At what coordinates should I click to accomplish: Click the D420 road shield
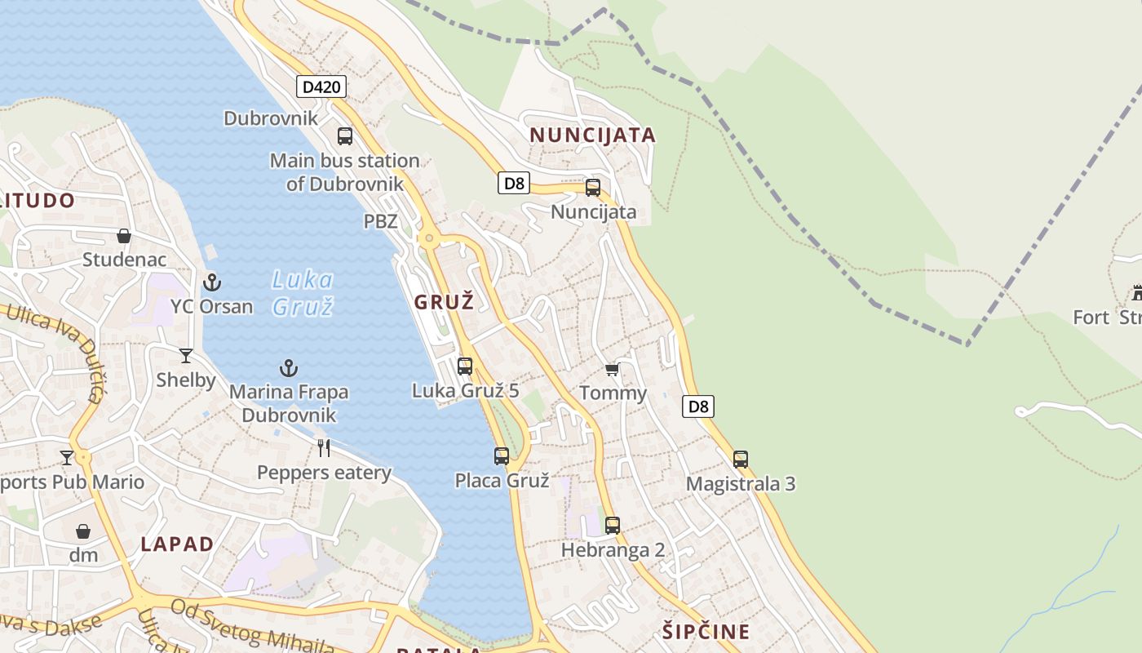(x=321, y=87)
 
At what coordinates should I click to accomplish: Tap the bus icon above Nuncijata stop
(x=593, y=187)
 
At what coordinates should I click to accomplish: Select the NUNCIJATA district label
(x=593, y=135)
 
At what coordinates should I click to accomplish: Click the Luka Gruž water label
(x=302, y=293)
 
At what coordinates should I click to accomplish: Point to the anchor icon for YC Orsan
(x=212, y=282)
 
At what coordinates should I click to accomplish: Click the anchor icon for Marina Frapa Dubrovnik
(x=289, y=368)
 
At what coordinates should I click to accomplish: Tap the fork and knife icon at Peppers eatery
(x=324, y=447)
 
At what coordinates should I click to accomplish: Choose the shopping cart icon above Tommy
(x=613, y=369)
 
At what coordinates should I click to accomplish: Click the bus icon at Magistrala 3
(x=741, y=460)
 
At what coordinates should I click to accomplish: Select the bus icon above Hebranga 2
(x=613, y=525)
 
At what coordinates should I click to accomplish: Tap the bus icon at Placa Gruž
(x=502, y=455)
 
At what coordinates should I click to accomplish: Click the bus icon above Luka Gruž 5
(x=465, y=366)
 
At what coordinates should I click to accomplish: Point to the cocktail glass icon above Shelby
(x=186, y=355)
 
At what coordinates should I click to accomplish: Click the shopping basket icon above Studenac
(x=124, y=236)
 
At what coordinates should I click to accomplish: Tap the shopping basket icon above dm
(x=83, y=531)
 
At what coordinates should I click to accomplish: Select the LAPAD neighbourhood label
(x=177, y=544)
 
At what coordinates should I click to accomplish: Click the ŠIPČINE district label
(x=706, y=632)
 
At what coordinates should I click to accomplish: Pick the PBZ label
(x=380, y=221)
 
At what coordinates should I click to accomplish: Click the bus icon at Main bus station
(x=345, y=136)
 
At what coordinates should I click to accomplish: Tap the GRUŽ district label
(x=444, y=302)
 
